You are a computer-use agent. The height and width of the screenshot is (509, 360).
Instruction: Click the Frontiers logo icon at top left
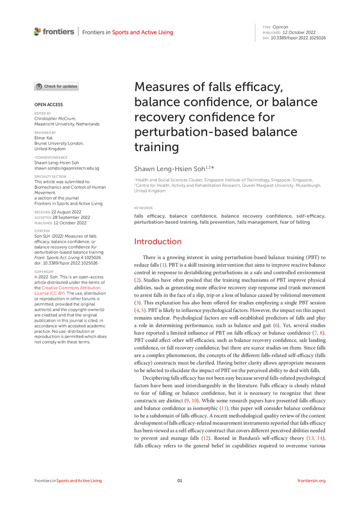tap(37, 32)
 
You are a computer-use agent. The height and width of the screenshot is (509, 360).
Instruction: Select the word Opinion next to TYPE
tap(280, 27)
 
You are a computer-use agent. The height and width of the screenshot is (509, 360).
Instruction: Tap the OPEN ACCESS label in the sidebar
tap(48, 105)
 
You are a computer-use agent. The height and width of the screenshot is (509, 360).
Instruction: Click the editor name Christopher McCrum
tap(56, 118)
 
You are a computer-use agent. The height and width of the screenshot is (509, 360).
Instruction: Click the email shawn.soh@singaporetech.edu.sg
tap(67, 168)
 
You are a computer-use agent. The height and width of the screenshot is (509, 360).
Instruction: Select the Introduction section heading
tap(157, 241)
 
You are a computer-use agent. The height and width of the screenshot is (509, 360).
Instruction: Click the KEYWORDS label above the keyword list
tap(143, 208)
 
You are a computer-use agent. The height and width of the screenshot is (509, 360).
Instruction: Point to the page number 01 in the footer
tap(180, 480)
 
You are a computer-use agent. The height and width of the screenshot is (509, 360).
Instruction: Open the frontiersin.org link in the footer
tap(311, 480)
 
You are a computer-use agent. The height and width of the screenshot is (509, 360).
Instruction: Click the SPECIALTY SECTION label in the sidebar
tap(50, 177)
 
